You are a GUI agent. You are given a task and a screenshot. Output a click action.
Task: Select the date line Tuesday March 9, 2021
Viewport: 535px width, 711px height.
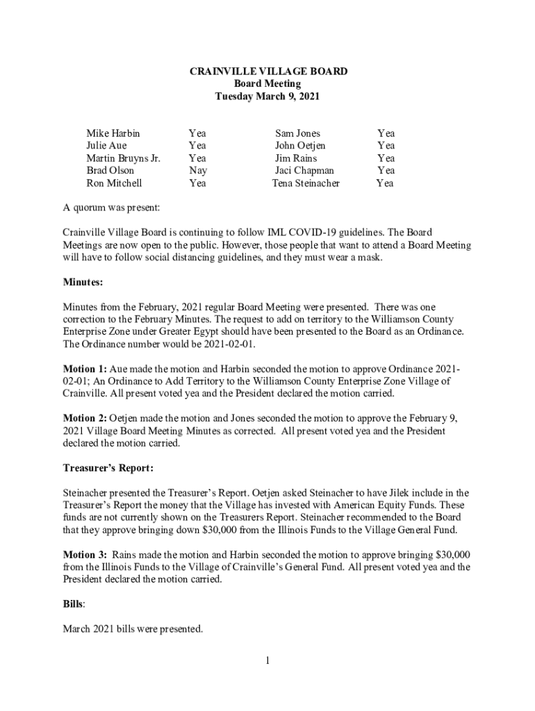tap(267, 97)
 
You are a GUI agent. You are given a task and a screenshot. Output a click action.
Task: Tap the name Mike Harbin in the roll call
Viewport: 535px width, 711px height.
tap(113, 133)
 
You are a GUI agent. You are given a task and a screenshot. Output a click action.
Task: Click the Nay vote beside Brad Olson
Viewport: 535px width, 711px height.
tap(198, 170)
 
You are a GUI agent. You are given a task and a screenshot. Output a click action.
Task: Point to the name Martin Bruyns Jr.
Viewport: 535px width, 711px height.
tap(123, 158)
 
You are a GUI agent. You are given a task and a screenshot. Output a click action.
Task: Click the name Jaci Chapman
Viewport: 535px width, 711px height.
tap(304, 170)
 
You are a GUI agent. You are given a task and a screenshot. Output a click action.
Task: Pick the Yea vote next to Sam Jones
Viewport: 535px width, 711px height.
tap(386, 133)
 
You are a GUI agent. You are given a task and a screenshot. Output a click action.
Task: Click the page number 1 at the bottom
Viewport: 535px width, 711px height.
tap(267, 660)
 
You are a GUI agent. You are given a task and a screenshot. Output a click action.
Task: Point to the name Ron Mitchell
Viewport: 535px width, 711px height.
tap(114, 183)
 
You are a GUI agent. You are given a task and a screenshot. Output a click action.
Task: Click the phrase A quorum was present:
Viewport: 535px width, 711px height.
tap(110, 208)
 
